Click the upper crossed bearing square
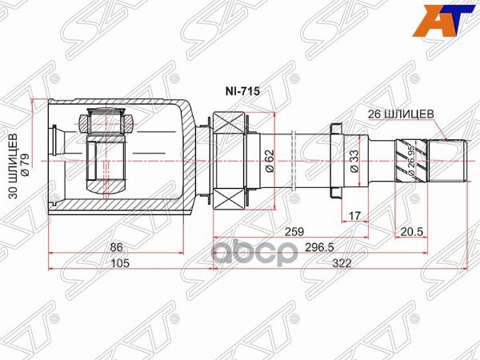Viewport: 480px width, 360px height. point(229,126)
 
